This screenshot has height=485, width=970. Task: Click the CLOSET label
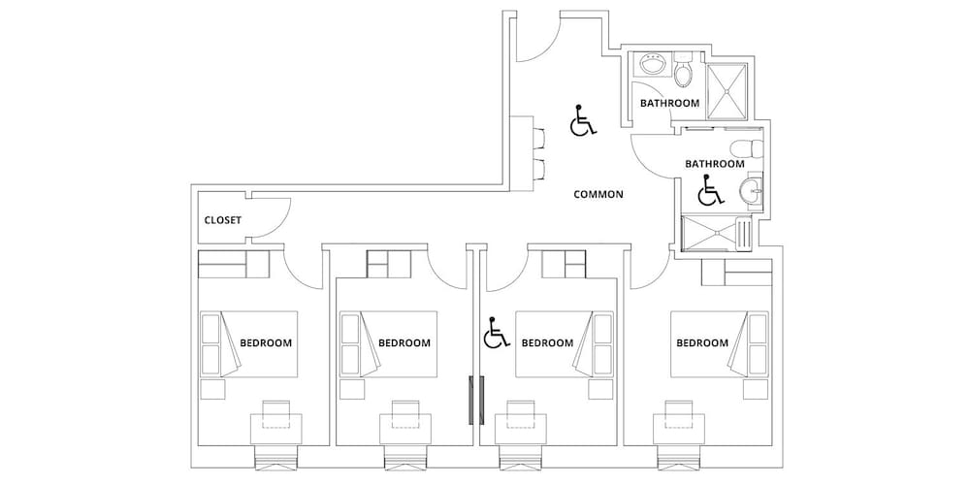223,220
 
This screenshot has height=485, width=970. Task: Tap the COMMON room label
598,194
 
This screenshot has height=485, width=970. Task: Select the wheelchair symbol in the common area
582,120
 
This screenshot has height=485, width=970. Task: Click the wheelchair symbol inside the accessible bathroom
710,190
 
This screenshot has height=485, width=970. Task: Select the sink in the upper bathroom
652,64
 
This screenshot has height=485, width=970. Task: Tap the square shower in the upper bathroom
727,90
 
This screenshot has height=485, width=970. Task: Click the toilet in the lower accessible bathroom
746,149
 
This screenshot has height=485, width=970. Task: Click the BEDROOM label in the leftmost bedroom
266,342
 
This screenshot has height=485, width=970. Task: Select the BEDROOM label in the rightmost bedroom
702,342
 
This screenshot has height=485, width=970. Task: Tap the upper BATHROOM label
669,104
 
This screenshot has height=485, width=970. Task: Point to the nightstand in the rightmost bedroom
756,390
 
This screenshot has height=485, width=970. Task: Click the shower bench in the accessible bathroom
745,234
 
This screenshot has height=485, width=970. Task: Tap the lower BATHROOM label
715,164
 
